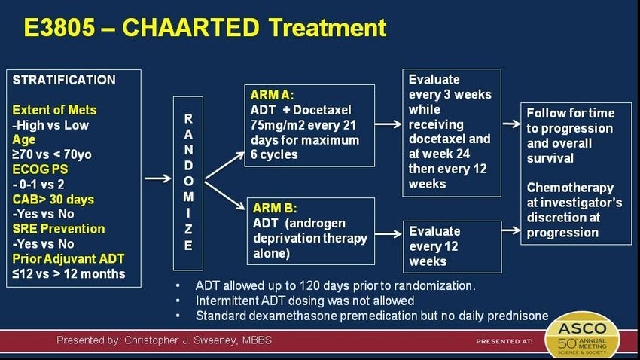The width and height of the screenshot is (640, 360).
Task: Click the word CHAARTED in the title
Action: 190,28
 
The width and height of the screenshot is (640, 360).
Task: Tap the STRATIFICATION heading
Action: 64,80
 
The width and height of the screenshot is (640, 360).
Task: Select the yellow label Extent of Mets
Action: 54,110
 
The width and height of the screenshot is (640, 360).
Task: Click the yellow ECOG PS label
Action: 40,169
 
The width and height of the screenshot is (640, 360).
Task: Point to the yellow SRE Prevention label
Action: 59,229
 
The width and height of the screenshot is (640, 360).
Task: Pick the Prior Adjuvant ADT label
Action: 69,259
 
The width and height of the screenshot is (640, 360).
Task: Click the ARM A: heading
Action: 272,95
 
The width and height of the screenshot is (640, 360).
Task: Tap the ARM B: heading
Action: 275,208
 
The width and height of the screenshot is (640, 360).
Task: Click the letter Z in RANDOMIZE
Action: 188,230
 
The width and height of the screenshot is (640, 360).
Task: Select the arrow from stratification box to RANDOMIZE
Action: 158,178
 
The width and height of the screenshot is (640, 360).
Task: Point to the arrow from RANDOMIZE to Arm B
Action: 224,196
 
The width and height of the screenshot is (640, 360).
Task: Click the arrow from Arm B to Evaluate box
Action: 389,234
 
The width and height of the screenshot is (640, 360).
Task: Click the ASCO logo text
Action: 582,328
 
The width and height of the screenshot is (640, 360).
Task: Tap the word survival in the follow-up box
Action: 550,158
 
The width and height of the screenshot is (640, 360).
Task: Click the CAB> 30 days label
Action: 53,200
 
